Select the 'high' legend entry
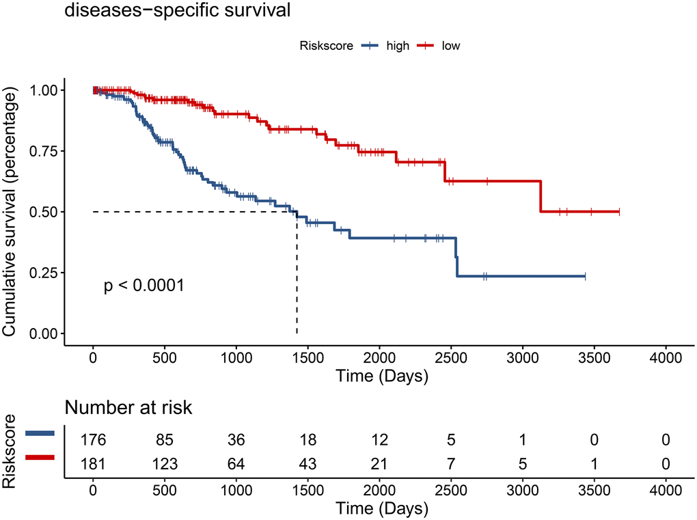pyautogui.click(x=397, y=46)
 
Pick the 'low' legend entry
pyautogui.click(x=450, y=46)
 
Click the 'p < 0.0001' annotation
pyautogui.click(x=144, y=286)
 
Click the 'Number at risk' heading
pyautogui.click(x=128, y=409)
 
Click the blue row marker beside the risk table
pyautogui.click(x=39, y=434)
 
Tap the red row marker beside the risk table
pyautogui.click(x=39, y=458)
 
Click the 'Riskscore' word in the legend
pyautogui.click(x=326, y=46)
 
